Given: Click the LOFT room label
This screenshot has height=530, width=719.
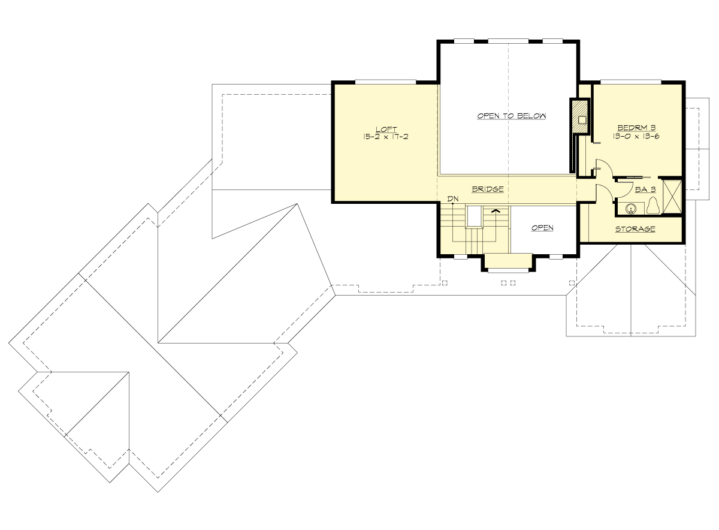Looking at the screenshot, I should click(384, 129).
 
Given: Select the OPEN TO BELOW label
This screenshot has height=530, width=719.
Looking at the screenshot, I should click(511, 116).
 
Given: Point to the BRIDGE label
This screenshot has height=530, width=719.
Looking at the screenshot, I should click(487, 189).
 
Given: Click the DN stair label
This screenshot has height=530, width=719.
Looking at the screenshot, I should click(452, 198).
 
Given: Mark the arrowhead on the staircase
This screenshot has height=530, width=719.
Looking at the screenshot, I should click(496, 210).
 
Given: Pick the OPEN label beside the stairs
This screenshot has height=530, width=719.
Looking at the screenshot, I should click(542, 228).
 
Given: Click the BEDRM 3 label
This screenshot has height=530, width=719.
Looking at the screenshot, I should click(638, 128).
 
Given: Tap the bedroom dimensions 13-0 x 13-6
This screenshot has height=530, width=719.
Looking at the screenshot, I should click(638, 136).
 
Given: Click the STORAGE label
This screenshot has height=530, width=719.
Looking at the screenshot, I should click(635, 229).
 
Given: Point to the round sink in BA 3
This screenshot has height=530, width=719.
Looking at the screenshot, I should click(630, 209).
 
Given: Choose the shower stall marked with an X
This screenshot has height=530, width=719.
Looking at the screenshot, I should click(673, 195).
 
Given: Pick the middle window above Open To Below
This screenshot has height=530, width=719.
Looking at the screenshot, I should click(508, 41).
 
